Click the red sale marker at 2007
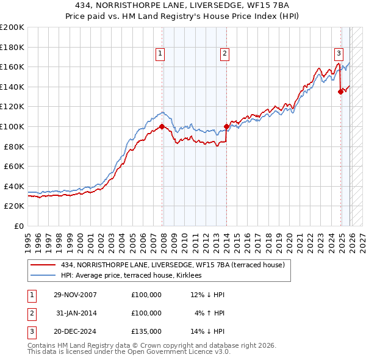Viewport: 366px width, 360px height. pos(162,126)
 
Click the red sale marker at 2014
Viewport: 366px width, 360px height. pos(226,126)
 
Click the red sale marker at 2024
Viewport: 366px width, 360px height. pos(340,92)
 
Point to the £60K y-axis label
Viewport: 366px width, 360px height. pos(14,166)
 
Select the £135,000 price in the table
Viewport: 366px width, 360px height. pos(146,331)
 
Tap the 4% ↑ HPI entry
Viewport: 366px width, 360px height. pos(210,313)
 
